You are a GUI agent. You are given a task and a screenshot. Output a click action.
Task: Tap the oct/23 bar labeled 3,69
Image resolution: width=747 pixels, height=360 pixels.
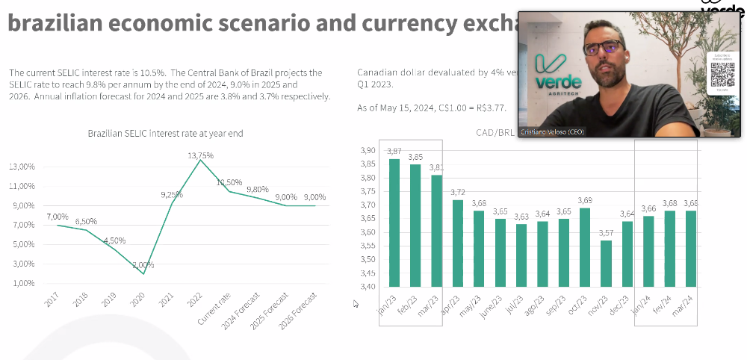[585, 246]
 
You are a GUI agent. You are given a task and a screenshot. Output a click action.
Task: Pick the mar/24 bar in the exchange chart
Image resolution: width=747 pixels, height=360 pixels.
[690, 248]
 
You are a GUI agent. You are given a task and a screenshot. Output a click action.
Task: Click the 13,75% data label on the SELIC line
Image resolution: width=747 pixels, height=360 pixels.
[200, 155]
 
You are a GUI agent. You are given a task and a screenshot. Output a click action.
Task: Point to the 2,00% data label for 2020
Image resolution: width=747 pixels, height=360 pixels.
[143, 264]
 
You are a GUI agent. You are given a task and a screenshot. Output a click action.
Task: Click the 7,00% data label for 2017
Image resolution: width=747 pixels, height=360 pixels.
[58, 217]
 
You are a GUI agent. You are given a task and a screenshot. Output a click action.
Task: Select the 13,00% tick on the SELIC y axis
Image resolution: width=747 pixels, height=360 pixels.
[22, 167]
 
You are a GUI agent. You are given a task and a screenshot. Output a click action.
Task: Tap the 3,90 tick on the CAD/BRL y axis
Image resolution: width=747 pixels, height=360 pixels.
[367, 151]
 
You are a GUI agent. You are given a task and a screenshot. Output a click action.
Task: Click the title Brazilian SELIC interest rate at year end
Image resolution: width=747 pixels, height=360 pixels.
[165, 133]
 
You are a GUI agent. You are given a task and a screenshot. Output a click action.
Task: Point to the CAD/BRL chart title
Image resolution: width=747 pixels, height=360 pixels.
[493, 132]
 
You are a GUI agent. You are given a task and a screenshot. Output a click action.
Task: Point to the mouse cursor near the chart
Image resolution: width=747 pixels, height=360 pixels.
[356, 304]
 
